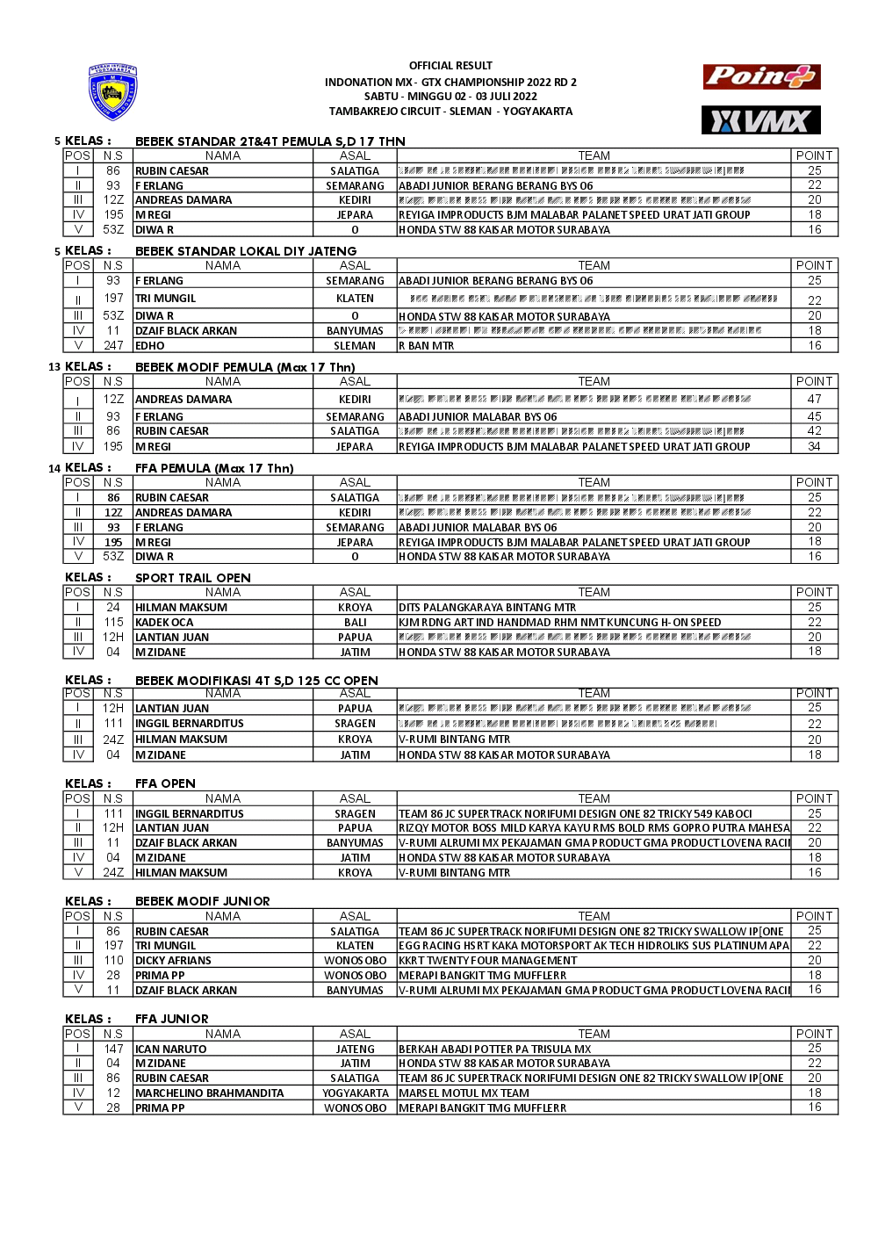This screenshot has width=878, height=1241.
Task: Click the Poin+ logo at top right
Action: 761,77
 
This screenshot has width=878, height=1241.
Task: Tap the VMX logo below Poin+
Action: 760,120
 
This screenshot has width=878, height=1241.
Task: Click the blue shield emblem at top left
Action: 113,92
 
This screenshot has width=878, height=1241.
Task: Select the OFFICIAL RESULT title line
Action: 450,66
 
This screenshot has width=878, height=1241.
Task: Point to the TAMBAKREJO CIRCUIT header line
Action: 450,112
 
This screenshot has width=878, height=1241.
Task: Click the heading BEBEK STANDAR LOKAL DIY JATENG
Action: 246,251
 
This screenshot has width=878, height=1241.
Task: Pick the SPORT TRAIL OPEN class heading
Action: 193,578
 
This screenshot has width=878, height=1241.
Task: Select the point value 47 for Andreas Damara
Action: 814,399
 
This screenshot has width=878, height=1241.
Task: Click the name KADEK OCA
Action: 164,623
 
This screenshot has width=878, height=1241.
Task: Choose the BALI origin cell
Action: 355,623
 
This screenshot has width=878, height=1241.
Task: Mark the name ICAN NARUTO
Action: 171,1050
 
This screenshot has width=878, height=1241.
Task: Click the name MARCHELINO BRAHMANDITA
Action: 210,1093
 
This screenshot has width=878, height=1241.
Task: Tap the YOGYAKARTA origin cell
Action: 355,1093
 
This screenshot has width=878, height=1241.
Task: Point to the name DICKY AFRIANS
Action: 173,961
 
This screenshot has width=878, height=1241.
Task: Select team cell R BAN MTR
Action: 427,346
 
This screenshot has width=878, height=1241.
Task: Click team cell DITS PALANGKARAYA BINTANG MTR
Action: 487,608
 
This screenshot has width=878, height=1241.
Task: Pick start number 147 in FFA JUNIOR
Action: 113,1050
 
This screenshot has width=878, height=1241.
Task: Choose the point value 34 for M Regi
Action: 814,446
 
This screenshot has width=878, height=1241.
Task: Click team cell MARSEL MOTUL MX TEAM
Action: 464,1093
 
